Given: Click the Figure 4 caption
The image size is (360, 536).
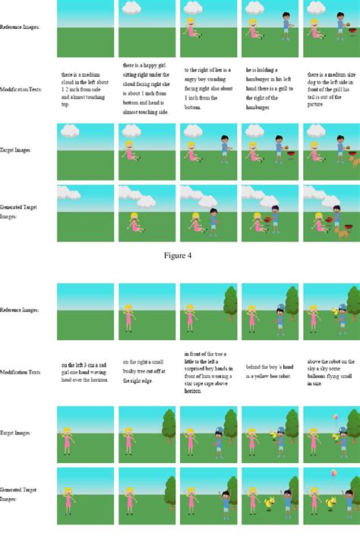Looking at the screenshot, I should (178, 255).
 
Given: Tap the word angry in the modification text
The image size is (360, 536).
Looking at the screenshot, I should (192, 77).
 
